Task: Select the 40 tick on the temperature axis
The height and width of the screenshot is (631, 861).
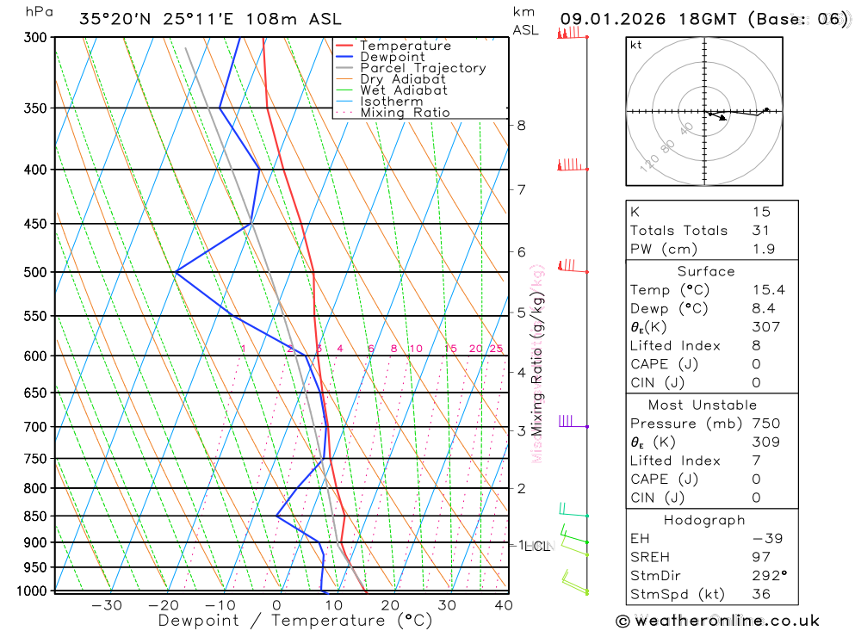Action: click(x=504, y=605)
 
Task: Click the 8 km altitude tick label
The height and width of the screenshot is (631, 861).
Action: click(x=521, y=125)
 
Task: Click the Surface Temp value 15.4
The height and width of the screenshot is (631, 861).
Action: click(x=768, y=290)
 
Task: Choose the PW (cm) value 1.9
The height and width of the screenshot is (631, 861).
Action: click(x=763, y=249)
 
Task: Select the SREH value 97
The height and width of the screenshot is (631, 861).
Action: click(x=761, y=557)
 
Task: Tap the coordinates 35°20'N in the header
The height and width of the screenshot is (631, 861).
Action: click(x=112, y=19)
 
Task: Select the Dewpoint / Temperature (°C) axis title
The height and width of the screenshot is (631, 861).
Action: click(x=294, y=620)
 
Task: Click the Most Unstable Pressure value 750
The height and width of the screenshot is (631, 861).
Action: click(x=765, y=424)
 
